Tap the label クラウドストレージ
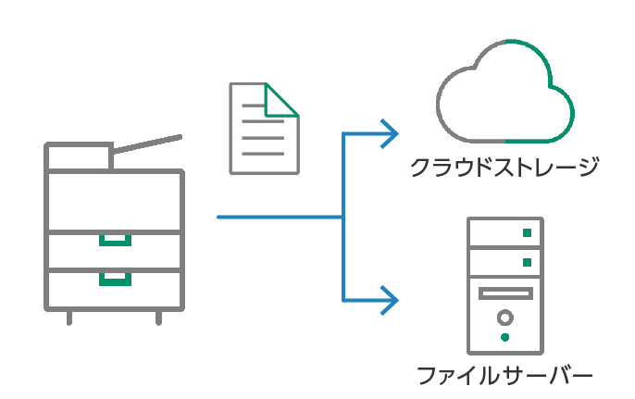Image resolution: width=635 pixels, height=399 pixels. (x=505, y=168)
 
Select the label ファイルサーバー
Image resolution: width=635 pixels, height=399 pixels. (x=504, y=376)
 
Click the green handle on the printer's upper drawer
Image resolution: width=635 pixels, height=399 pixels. (x=116, y=241)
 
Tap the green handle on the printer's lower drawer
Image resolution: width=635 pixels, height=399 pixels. (x=116, y=278)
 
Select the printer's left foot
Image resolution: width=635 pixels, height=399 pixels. (x=69, y=318)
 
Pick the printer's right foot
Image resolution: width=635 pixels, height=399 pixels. (x=158, y=318)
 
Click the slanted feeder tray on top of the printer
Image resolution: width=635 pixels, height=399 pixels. (x=148, y=143)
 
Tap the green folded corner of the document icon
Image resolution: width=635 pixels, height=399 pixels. (x=280, y=101)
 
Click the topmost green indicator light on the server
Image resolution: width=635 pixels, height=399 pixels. (x=527, y=232)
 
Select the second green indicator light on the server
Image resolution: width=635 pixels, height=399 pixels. (x=527, y=262)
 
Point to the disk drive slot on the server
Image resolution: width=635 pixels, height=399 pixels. (x=505, y=294)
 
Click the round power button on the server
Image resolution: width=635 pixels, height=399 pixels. (x=505, y=318)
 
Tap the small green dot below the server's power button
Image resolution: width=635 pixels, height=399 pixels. (x=505, y=338)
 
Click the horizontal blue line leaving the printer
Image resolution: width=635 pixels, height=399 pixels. (x=278, y=218)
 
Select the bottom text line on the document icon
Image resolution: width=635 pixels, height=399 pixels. (x=263, y=153)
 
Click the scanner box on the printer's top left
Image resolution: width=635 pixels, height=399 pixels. (x=79, y=156)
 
